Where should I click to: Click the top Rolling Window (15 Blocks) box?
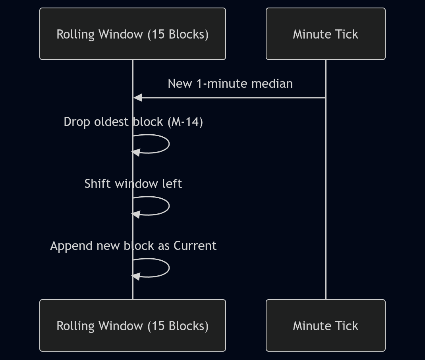click(133, 34)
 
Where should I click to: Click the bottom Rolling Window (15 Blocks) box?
click(133, 325)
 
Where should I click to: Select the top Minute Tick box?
click(325, 34)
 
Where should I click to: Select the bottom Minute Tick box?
click(325, 325)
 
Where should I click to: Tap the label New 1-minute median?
click(230, 83)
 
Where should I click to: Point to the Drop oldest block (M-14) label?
click(133, 122)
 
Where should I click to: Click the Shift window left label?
click(133, 184)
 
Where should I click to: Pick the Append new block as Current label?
click(133, 246)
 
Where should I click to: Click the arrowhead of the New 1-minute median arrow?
click(137, 97)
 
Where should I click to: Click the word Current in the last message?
click(195, 246)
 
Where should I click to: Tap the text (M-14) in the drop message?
click(185, 122)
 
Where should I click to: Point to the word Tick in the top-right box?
click(348, 34)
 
